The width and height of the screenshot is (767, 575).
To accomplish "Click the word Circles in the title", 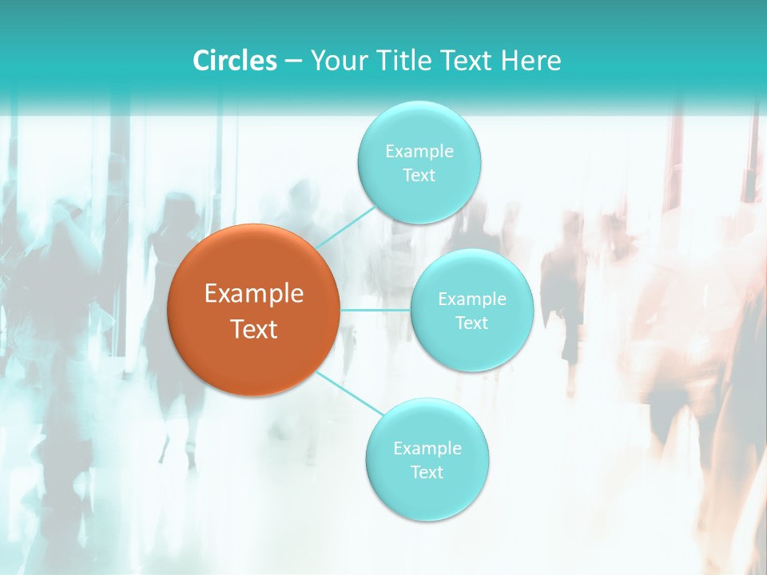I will pos(234,61).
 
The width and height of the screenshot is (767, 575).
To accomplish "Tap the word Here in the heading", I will pos(531,61).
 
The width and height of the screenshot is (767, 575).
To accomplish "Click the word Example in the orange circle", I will pos(253,294).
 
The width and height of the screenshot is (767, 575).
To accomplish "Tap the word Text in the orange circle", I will pos(253,329).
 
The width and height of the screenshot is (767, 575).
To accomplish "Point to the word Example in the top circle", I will pos(419,151).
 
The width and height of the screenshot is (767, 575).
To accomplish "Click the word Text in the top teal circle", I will pos(419,175).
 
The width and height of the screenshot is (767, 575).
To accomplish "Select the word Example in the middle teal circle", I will pos(472,299).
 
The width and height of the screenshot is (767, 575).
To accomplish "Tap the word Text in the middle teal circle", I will pos(472,323).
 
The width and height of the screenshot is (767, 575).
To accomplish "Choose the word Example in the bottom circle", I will pos(427,448).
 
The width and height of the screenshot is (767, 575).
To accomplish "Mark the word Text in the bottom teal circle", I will pos(427,472).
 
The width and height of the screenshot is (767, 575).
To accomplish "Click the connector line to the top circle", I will pos(345,227).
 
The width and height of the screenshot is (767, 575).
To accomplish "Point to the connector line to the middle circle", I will pos(375,309).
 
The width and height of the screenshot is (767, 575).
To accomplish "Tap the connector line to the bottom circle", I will pos(349,392).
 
